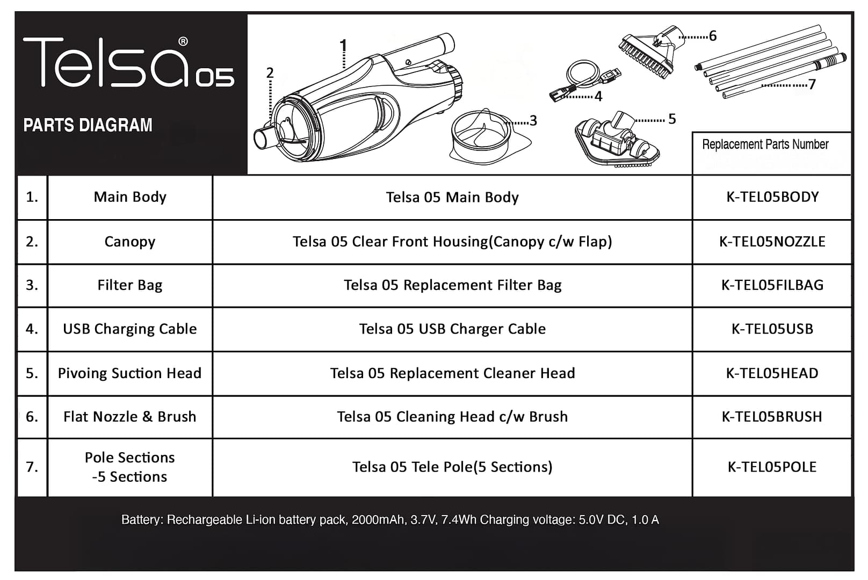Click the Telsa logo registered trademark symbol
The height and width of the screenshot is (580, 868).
pyautogui.click(x=183, y=41)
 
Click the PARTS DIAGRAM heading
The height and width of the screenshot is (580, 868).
pyautogui.click(x=88, y=125)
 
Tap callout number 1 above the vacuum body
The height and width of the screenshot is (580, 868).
pyautogui.click(x=343, y=46)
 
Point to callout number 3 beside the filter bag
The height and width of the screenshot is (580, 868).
pyautogui.click(x=533, y=120)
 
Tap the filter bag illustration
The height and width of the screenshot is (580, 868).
pyautogui.click(x=489, y=136)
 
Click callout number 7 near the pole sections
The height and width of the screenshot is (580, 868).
pyautogui.click(x=812, y=84)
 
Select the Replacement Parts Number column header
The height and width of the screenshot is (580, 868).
pyautogui.click(x=765, y=144)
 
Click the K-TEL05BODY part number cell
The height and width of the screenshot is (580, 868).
pyautogui.click(x=772, y=197)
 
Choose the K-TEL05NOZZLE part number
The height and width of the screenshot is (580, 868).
pyautogui.click(x=772, y=242)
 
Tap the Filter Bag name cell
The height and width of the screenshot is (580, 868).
pyautogui.click(x=130, y=286)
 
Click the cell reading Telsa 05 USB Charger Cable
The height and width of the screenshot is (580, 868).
pyautogui.click(x=452, y=329)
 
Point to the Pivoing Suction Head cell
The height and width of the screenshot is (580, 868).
pyautogui.click(x=130, y=373)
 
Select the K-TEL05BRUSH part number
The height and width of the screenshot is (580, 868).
pyautogui.click(x=772, y=417)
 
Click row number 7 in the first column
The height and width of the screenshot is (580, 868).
pyautogui.click(x=32, y=467)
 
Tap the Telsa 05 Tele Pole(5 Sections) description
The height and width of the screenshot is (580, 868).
pyautogui.click(x=452, y=467)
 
